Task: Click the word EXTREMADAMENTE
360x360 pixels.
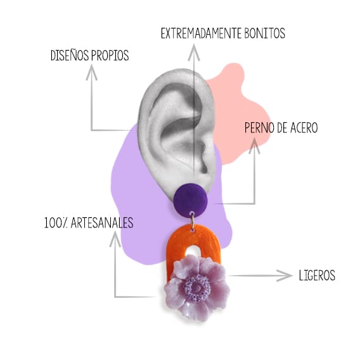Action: coord(201,34)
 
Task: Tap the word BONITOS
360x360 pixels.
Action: coord(265,34)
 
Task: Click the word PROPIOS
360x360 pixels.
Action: coord(110,55)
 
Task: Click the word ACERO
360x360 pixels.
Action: coord(304,127)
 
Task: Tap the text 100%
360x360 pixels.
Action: coord(56,222)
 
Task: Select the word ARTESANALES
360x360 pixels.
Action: coord(102,222)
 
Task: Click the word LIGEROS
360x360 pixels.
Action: coord(317,275)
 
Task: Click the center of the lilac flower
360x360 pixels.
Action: coord(197,287)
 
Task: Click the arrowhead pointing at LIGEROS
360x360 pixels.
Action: coord(285,275)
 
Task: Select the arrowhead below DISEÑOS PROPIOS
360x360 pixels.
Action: coord(92,72)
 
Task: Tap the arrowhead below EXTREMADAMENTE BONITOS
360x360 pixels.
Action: coord(194,53)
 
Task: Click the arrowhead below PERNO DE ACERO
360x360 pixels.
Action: coord(254,146)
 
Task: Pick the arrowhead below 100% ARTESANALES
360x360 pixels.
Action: coord(115,239)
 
